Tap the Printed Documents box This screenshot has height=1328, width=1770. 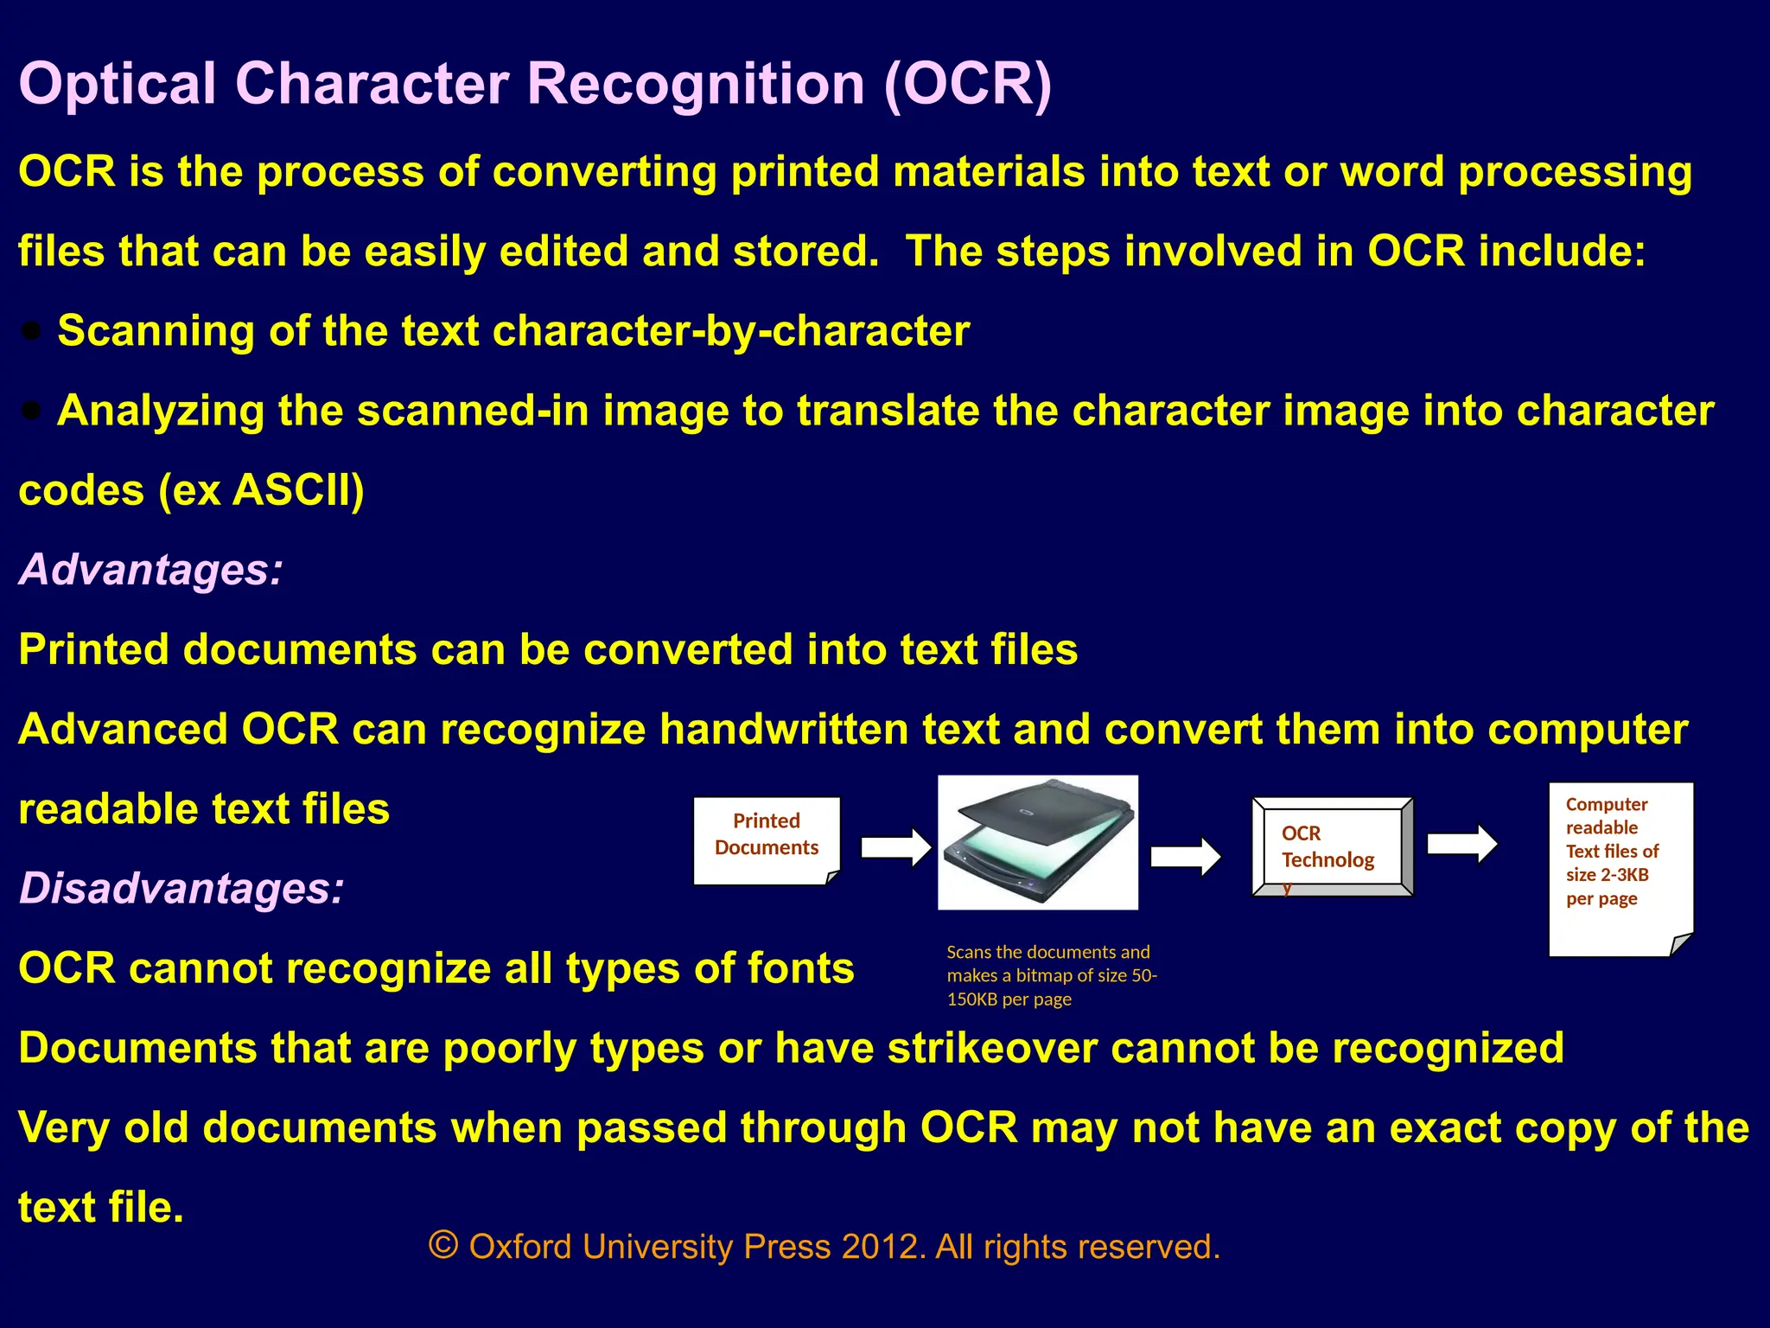tap(767, 840)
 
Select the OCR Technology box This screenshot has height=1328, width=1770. tap(1332, 847)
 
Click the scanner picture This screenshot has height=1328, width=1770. tap(1037, 842)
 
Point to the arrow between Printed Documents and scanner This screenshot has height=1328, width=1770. tap(896, 846)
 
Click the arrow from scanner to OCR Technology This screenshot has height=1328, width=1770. tap(1186, 856)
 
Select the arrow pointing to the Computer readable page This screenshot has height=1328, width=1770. tap(1461, 843)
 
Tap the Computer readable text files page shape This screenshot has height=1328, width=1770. tap(1620, 869)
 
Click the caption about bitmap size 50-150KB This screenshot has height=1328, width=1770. tap(1051, 975)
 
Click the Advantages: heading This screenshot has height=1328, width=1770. tap(151, 570)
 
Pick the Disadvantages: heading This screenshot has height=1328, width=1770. tap(181, 889)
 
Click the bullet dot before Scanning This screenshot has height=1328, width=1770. tap(32, 330)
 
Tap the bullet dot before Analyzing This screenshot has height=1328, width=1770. tap(32, 411)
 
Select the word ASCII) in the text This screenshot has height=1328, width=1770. tap(298, 490)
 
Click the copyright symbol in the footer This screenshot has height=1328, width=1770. tap(443, 1246)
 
